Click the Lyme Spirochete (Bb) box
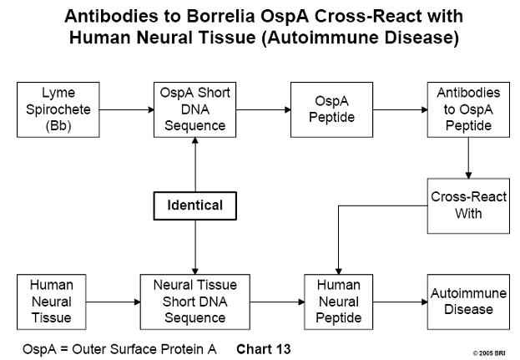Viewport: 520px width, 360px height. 58,109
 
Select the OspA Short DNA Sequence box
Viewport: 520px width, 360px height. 195,109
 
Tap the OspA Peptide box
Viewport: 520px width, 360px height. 331,109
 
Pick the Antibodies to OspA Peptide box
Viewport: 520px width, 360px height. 468,109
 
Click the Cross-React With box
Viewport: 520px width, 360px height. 468,206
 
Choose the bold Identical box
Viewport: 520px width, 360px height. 195,205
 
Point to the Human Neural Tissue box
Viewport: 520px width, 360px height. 52,302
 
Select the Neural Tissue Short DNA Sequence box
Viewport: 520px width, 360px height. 195,302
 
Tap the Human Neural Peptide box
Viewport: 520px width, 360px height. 339,302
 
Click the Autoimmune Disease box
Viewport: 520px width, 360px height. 468,302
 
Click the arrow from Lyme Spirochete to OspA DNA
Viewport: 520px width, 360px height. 127,109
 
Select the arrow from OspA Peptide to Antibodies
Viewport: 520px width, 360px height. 401,109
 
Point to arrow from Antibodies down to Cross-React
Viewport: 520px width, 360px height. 468,158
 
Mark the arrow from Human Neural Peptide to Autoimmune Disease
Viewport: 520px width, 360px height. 401,302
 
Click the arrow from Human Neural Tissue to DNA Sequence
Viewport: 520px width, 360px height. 113,302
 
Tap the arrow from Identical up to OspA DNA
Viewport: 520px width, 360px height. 195,165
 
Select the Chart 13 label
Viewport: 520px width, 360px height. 264,349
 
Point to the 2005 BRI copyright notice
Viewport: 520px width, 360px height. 489,353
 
